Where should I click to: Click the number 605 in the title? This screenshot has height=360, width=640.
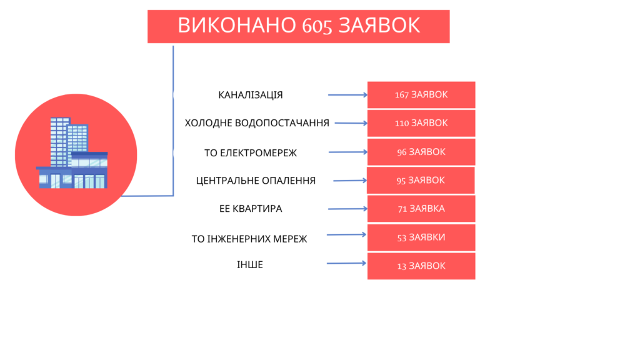coord(317,26)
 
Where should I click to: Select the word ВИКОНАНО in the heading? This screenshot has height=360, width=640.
coord(237,25)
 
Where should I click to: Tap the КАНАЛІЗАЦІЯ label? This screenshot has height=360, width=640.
coord(251,95)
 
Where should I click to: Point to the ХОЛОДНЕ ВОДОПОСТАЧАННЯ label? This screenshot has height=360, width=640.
coord(257,123)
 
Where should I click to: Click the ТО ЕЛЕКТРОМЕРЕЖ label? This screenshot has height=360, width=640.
coord(251,153)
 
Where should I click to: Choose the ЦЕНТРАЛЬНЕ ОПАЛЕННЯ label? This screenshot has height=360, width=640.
coord(256,181)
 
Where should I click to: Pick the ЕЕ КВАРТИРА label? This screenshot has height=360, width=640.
coord(251,209)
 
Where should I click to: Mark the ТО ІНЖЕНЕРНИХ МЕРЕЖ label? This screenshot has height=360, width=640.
coord(249,239)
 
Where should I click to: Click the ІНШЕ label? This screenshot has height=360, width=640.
coord(250,265)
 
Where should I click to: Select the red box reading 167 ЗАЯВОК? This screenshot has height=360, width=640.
coord(421,95)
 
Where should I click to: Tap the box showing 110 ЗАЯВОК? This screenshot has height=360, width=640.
coord(421,123)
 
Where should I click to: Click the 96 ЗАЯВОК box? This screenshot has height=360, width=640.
coord(421,152)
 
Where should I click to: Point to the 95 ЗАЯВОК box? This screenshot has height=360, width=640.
coord(421,181)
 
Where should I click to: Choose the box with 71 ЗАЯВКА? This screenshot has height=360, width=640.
coord(421,209)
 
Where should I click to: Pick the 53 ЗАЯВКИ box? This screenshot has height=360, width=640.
coord(421,237)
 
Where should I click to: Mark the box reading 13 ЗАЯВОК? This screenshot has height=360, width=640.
coord(421,266)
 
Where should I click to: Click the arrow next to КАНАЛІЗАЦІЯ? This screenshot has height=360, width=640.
coord(347,95)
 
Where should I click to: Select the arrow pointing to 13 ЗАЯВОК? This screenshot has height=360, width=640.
coord(346,263)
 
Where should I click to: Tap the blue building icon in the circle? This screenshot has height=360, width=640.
coord(72,152)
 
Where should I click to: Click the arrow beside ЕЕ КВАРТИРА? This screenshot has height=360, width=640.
coord(347,209)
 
